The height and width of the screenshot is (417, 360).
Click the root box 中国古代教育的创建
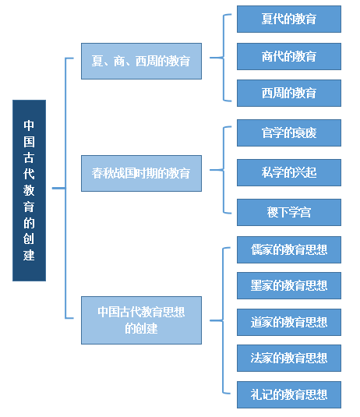(x=30, y=190)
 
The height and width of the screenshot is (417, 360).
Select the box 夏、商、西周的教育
(x=141, y=61)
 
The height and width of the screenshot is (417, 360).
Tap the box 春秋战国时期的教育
(x=141, y=173)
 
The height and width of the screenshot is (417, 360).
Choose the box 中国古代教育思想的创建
(x=141, y=320)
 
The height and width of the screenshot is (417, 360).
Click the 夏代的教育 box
(x=289, y=19)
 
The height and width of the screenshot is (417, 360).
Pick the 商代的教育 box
(x=289, y=56)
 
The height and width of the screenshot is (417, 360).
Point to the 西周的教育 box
(x=289, y=93)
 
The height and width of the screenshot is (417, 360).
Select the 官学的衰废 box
(x=289, y=133)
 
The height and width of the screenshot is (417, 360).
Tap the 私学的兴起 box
(x=289, y=172)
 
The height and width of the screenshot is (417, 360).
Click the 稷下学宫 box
(x=289, y=212)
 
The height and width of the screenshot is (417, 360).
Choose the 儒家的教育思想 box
(x=289, y=249)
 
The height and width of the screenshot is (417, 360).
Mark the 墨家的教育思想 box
(x=289, y=285)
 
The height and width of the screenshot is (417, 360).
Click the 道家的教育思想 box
(x=289, y=322)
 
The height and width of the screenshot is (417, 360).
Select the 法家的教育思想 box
(x=289, y=358)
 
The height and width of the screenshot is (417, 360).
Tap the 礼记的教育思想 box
(x=289, y=394)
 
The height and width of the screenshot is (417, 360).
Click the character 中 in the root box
(x=29, y=125)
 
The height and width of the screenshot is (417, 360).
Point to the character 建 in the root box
(x=29, y=256)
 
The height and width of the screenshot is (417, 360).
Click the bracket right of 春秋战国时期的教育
(x=224, y=170)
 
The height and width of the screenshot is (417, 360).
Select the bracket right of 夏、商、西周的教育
(x=224, y=58)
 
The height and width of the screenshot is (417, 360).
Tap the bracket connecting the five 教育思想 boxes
(x=223, y=320)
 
